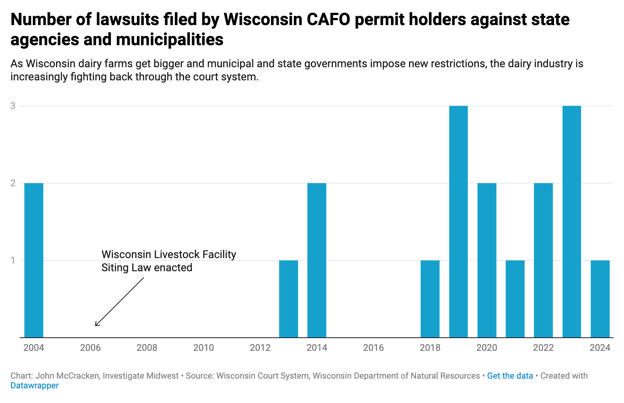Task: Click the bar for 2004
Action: [34, 260]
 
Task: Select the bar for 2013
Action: [288, 299]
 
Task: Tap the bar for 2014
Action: [317, 260]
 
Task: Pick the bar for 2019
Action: [458, 221]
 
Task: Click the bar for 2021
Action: [515, 299]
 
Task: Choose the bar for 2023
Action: [571, 221]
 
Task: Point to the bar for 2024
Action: [600, 299]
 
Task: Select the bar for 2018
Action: [430, 299]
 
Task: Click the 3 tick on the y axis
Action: [13, 105]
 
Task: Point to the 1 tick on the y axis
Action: [13, 260]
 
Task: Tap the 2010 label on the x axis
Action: [203, 348]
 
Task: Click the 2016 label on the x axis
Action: [373, 348]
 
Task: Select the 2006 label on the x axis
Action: [90, 348]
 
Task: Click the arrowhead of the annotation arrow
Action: [96, 325]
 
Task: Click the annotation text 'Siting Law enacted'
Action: [147, 267]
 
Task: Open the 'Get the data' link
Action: [510, 376]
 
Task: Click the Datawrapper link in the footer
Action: [34, 385]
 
